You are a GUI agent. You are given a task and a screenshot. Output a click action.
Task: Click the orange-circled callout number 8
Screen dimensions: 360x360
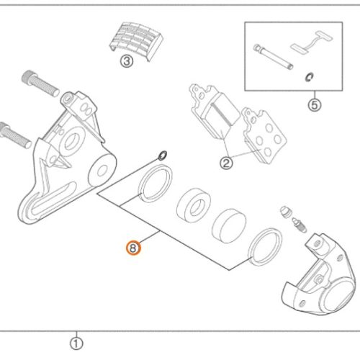click(133, 248)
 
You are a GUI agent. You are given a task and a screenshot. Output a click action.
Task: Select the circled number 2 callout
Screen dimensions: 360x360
click(226, 163)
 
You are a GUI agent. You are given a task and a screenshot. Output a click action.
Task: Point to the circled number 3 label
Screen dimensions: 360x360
click(127, 62)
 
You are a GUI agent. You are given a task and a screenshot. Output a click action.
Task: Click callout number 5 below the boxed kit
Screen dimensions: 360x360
click(313, 105)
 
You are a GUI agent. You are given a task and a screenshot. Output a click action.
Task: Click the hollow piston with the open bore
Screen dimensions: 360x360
click(193, 204)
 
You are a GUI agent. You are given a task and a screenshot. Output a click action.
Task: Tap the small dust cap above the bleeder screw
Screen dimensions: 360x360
click(285, 210)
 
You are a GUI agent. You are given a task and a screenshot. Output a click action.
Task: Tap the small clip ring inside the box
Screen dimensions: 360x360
click(308, 77)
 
